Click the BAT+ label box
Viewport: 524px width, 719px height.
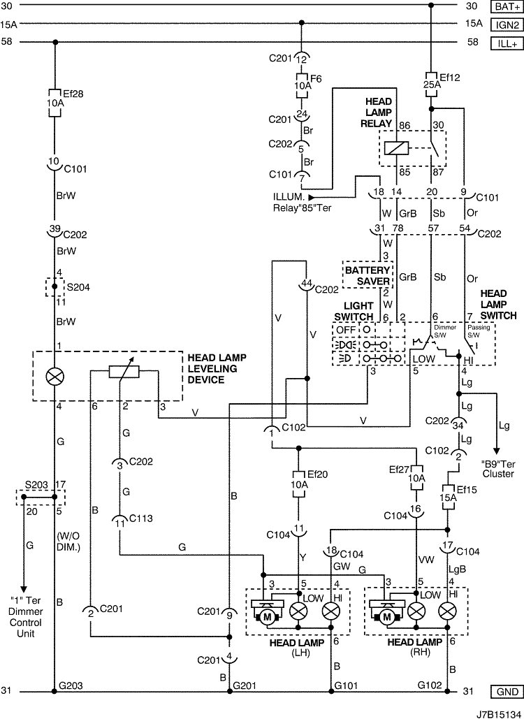point(507,6)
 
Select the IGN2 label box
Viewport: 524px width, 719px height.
point(507,24)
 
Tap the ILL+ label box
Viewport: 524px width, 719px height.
point(507,43)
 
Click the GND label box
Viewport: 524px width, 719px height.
point(507,692)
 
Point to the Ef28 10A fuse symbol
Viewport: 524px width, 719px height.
point(54,103)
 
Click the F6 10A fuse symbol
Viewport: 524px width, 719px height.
point(302,85)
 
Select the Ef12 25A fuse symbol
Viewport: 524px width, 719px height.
point(431,85)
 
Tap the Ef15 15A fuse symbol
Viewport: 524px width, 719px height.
point(447,498)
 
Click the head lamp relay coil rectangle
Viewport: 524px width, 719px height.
point(396,148)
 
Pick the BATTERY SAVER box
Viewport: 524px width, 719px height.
point(367,275)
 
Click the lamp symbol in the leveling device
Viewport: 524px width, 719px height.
point(55,377)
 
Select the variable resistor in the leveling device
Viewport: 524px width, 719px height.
point(124,372)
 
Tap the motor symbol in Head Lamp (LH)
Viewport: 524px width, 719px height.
point(268,617)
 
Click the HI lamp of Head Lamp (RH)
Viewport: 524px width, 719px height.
point(447,611)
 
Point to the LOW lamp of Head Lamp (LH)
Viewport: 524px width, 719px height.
point(299,611)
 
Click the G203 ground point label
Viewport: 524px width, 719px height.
point(71,686)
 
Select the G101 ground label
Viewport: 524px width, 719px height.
point(346,686)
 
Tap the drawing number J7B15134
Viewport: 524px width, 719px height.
point(498,713)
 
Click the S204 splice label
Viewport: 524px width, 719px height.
point(78,287)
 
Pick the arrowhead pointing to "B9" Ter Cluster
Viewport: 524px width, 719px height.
point(496,451)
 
